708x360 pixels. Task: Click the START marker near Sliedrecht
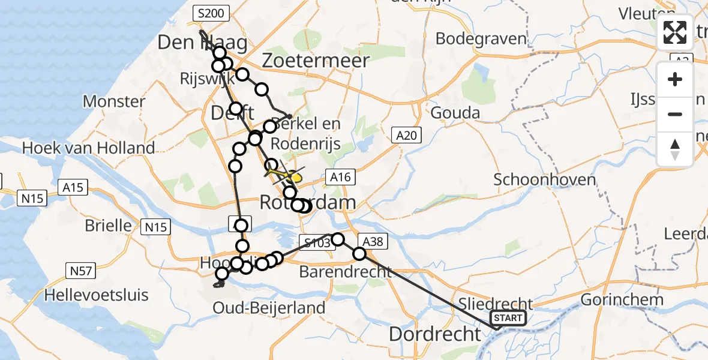pos(508,318)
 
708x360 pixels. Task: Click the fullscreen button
pos(675,32)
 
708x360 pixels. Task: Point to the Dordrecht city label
pos(435,334)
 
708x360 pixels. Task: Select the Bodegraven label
pos(481,38)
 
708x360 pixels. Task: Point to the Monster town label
pos(113,101)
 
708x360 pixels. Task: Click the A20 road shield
pos(406,135)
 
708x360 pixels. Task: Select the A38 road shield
pos(372,242)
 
